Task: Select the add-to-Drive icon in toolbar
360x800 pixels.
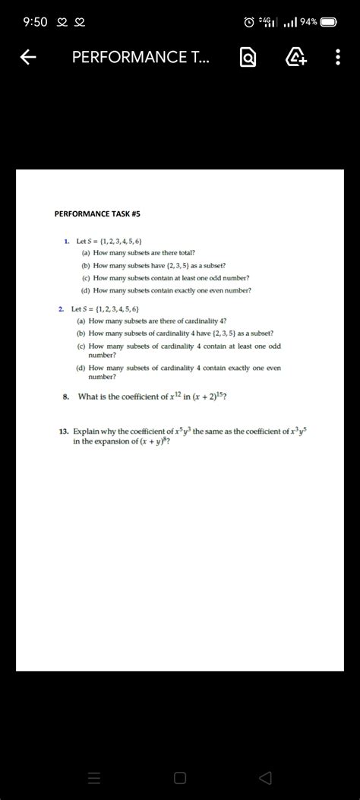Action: coord(295,58)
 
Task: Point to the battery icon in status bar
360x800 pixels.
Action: coord(328,22)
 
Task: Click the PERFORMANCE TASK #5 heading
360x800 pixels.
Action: coord(97,214)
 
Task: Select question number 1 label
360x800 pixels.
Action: coord(67,241)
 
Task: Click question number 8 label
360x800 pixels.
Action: coord(66,396)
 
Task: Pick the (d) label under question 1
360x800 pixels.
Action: coord(86,290)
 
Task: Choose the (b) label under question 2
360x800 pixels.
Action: coord(81,333)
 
